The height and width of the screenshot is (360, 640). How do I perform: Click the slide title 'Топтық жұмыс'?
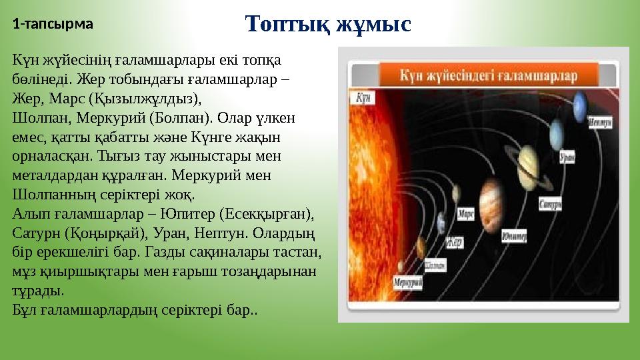(328, 25)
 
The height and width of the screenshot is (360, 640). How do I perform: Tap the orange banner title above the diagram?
(489, 76)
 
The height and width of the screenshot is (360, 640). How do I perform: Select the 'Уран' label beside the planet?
(567, 158)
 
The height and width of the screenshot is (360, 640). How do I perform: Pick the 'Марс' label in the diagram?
(467, 215)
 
